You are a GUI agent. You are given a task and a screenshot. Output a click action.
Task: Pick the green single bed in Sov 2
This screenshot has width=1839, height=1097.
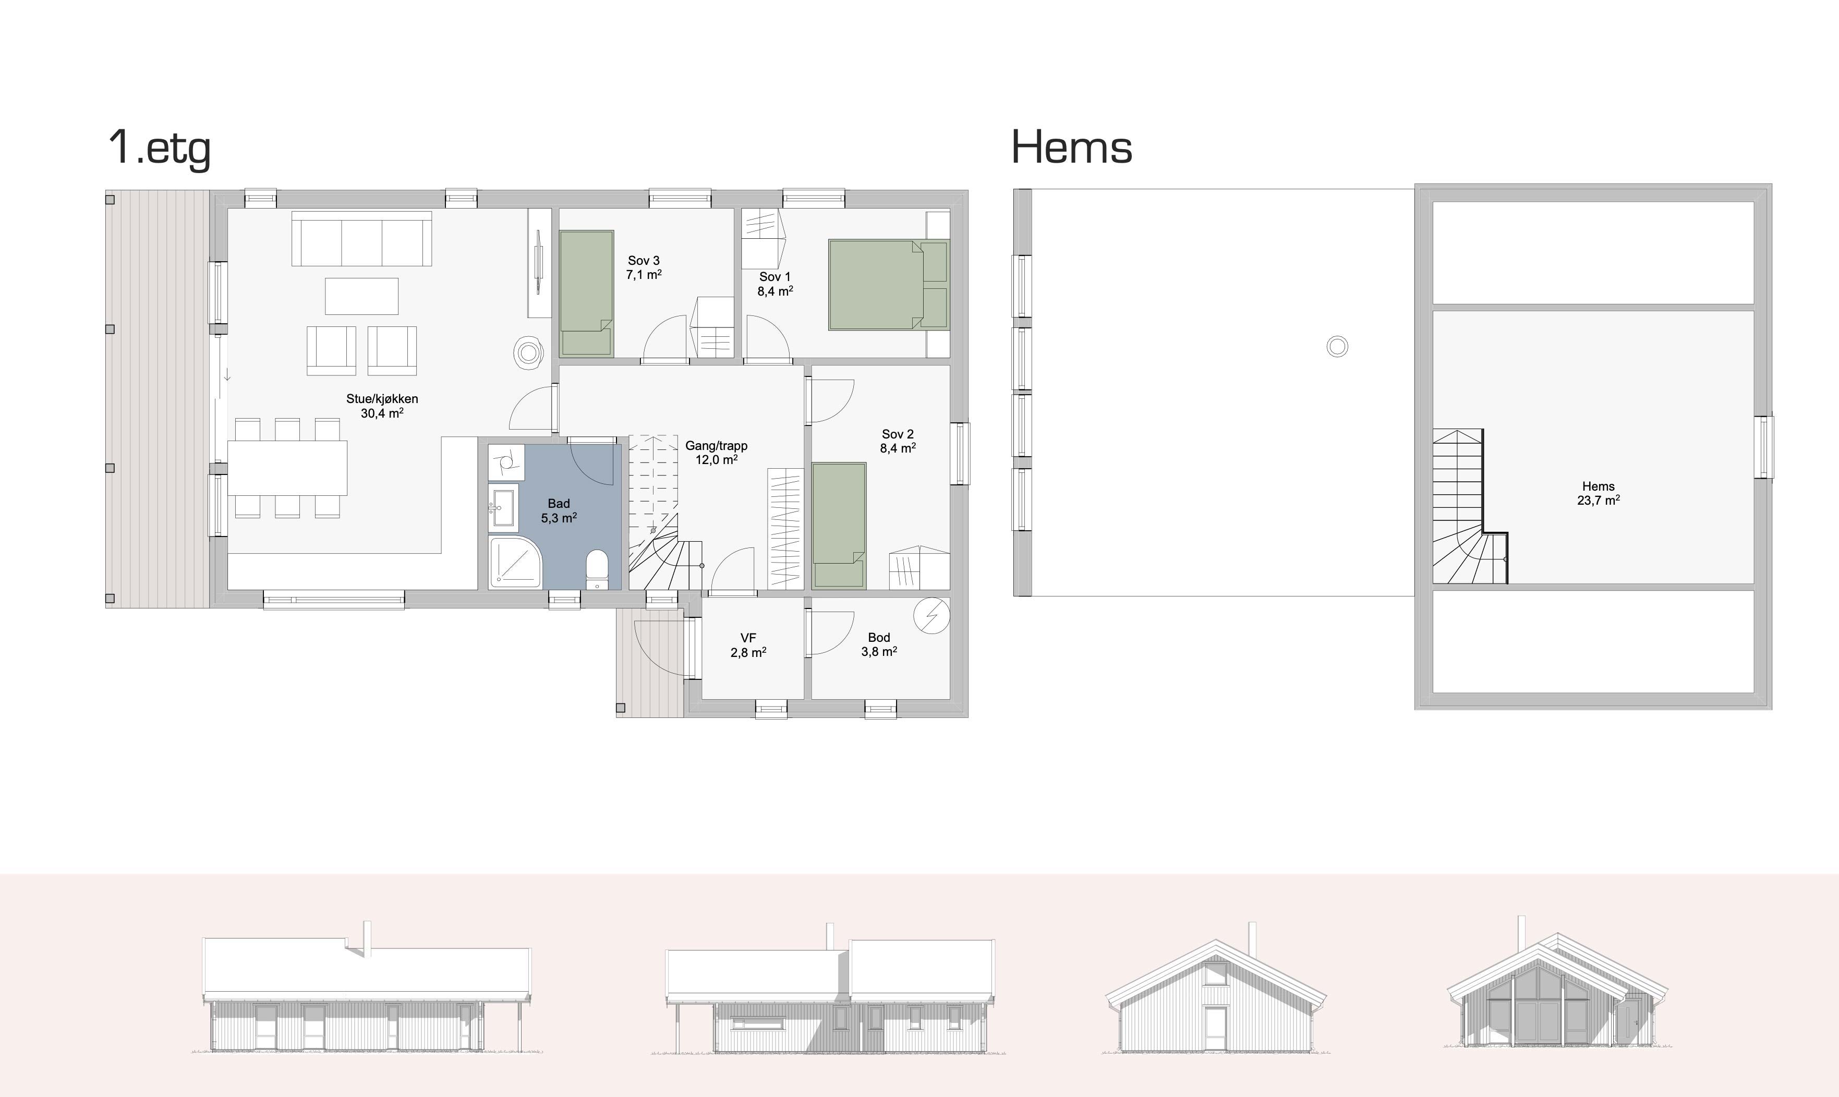pyautogui.click(x=839, y=526)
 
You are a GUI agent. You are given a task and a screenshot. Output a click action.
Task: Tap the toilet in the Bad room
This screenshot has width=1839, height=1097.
pyautogui.click(x=597, y=569)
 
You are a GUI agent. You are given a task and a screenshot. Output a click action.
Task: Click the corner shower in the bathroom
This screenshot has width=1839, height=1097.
pyautogui.click(x=515, y=563)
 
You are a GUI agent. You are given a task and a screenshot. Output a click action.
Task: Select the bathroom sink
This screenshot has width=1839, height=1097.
pyautogui.click(x=504, y=508)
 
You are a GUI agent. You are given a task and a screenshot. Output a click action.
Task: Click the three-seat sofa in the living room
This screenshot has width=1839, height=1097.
pyautogui.click(x=361, y=239)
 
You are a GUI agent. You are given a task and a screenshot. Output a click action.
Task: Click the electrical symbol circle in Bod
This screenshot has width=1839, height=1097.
pyautogui.click(x=931, y=615)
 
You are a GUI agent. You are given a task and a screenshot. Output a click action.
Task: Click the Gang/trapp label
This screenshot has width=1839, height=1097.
pyautogui.click(x=717, y=446)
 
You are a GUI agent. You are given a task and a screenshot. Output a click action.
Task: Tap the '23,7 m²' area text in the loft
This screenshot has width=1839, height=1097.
pyautogui.click(x=1599, y=501)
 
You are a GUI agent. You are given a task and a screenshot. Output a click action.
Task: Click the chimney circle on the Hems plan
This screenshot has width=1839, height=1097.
pyautogui.click(x=1338, y=347)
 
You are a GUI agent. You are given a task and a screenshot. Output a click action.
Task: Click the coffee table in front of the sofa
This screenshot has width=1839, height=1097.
pyautogui.click(x=361, y=297)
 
